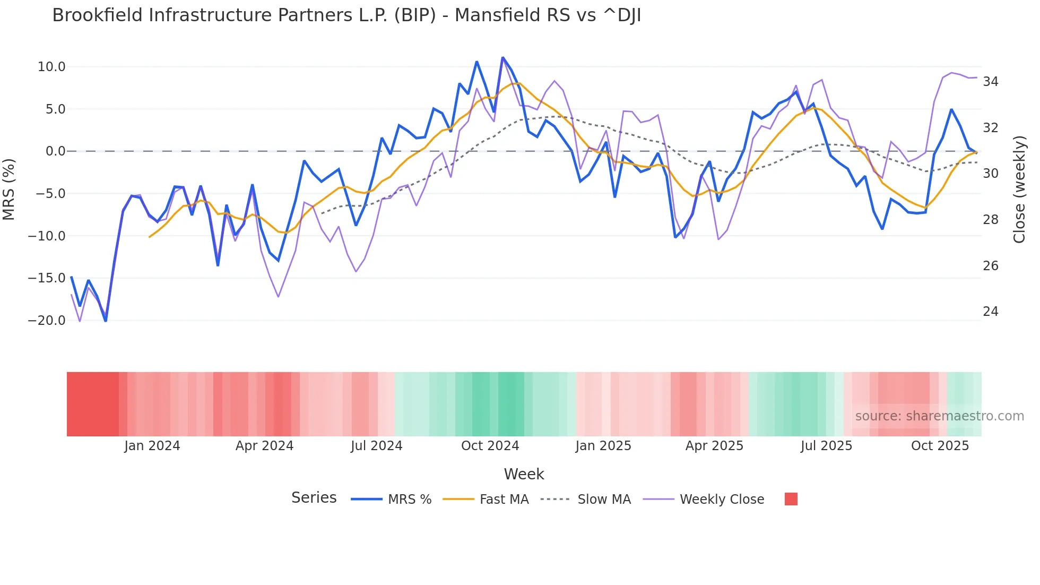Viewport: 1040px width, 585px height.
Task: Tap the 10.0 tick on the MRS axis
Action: click(x=51, y=67)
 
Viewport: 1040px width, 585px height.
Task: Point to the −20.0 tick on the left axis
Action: click(x=47, y=321)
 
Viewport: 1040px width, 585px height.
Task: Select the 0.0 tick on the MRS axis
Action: click(x=56, y=151)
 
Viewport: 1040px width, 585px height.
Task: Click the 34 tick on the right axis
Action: click(x=991, y=82)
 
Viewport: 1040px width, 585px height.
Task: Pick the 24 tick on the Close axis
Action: click(x=991, y=312)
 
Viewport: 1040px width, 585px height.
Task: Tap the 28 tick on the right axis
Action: click(x=991, y=220)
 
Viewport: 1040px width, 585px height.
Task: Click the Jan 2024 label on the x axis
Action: click(x=152, y=446)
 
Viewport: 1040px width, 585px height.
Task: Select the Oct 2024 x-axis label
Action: click(x=490, y=446)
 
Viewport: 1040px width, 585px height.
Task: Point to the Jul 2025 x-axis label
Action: click(x=826, y=446)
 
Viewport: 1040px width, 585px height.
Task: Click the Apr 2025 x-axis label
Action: click(x=714, y=446)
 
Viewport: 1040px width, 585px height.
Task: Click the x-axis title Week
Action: click(x=524, y=474)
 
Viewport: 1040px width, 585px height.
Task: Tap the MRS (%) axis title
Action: click(x=9, y=189)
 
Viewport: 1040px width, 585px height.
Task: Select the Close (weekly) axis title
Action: click(x=1019, y=190)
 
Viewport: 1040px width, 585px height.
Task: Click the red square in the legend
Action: click(x=791, y=499)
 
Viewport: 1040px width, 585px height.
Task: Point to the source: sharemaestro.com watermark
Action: click(x=939, y=416)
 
